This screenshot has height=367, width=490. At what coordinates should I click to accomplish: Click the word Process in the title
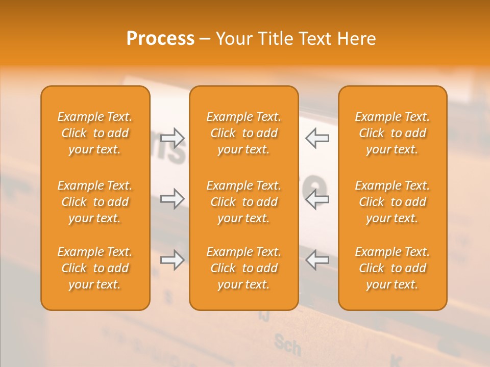(160, 39)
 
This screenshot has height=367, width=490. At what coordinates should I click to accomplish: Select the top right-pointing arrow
(173, 138)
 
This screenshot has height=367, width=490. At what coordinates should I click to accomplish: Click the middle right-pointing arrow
(173, 199)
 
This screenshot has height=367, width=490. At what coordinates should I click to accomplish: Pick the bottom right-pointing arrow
(173, 260)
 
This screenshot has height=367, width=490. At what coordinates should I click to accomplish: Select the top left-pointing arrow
(317, 138)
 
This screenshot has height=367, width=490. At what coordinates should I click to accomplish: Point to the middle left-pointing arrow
(317, 199)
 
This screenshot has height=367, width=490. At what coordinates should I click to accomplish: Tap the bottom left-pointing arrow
(317, 260)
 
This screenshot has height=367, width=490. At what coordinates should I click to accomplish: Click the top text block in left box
(95, 133)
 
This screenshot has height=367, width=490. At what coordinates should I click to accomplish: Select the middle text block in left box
(95, 202)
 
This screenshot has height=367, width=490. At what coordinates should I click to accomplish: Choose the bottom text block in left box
(95, 268)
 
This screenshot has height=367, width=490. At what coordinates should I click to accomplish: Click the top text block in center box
(244, 133)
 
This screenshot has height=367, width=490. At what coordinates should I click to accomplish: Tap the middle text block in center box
(244, 202)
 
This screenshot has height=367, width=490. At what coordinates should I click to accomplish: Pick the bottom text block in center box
(244, 268)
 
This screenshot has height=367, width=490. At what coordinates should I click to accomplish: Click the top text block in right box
(393, 133)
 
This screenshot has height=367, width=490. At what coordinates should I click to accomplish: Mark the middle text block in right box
(393, 202)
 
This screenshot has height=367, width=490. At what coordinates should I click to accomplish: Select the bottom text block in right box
(393, 268)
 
